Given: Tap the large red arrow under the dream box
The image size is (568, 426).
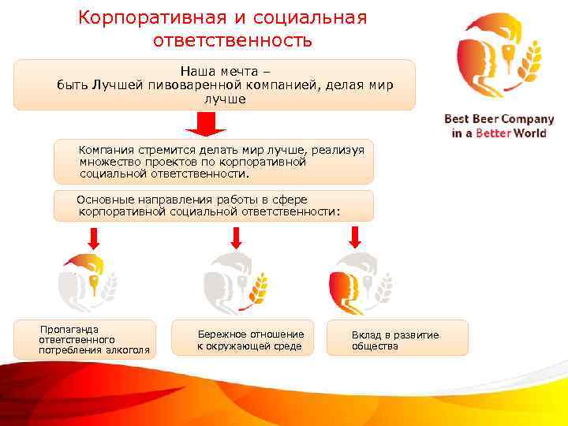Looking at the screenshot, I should [206, 124].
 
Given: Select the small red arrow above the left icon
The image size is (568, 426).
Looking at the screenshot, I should [93, 237].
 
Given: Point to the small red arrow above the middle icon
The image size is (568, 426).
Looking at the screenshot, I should [234, 237].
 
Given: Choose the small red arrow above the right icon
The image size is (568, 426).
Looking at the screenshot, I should [355, 237].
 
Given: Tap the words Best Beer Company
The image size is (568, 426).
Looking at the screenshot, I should [499, 120].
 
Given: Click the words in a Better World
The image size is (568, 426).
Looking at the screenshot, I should [499, 133].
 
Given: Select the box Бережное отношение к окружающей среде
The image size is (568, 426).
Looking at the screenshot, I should [243, 338].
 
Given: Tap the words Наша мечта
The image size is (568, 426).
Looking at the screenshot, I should [208, 70].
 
